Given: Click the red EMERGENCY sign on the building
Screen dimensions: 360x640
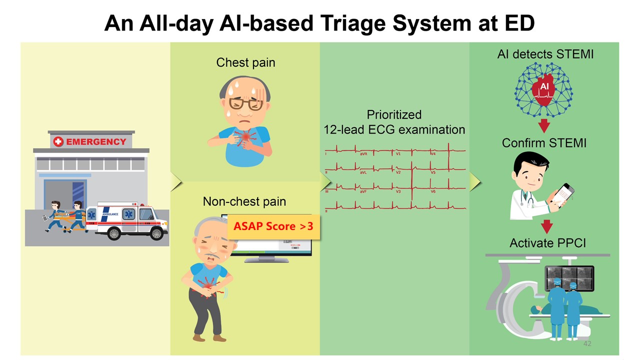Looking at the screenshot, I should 90,141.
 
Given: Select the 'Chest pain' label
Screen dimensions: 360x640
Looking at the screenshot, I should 245,62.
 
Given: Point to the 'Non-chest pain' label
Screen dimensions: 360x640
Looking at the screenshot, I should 244,201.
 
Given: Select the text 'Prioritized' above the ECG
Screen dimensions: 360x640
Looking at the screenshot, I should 394,114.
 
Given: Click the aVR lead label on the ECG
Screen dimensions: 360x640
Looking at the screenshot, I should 363,154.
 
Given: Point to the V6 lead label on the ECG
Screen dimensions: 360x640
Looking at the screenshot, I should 434,192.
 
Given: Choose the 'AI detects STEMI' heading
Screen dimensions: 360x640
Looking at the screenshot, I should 545,54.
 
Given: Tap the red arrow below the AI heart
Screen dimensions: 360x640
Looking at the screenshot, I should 544,124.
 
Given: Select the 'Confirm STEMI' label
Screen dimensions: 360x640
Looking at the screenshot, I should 544,143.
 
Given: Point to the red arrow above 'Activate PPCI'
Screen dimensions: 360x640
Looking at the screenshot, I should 547,226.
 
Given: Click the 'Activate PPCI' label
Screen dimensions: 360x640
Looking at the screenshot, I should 547,243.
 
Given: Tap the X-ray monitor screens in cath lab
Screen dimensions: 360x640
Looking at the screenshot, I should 569,277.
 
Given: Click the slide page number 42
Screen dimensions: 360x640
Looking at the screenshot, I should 587,344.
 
